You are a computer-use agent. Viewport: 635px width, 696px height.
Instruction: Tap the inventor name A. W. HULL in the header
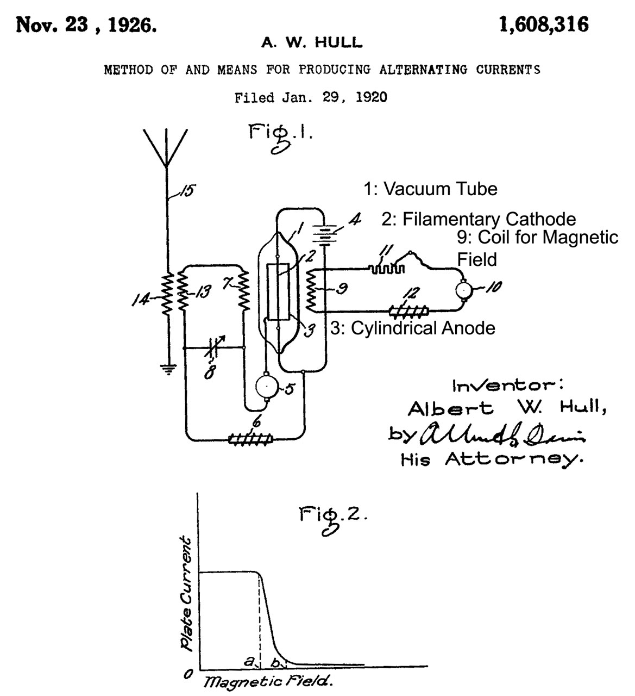(312, 42)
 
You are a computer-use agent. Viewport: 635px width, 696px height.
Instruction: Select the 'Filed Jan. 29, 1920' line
(311, 98)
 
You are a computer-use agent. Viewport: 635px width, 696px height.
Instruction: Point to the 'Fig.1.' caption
(280, 136)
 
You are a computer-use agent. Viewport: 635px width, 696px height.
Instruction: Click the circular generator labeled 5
(266, 387)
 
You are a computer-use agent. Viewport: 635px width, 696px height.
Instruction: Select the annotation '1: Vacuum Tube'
(430, 189)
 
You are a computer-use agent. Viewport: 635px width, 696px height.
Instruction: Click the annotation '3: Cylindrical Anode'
(413, 328)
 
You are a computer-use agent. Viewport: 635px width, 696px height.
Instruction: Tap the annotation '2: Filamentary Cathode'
(478, 219)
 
